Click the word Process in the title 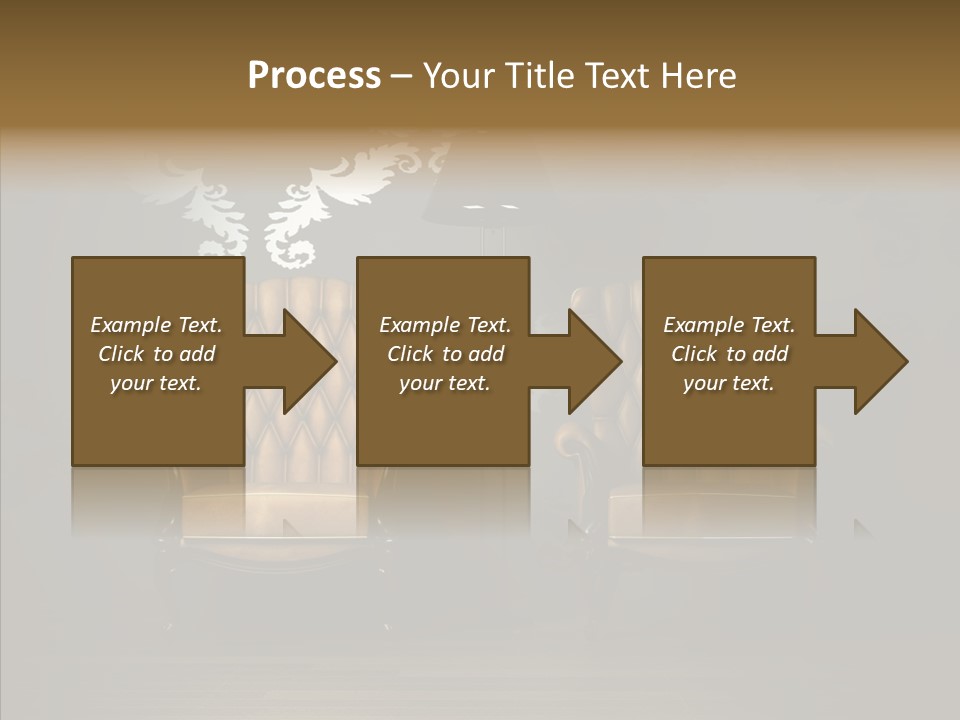314,76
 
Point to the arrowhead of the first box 304,362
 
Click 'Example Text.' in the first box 156,325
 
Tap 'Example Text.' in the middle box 445,325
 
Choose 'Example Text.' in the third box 729,325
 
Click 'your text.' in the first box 156,383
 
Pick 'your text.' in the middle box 445,383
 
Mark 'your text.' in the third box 729,383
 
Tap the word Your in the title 457,76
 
